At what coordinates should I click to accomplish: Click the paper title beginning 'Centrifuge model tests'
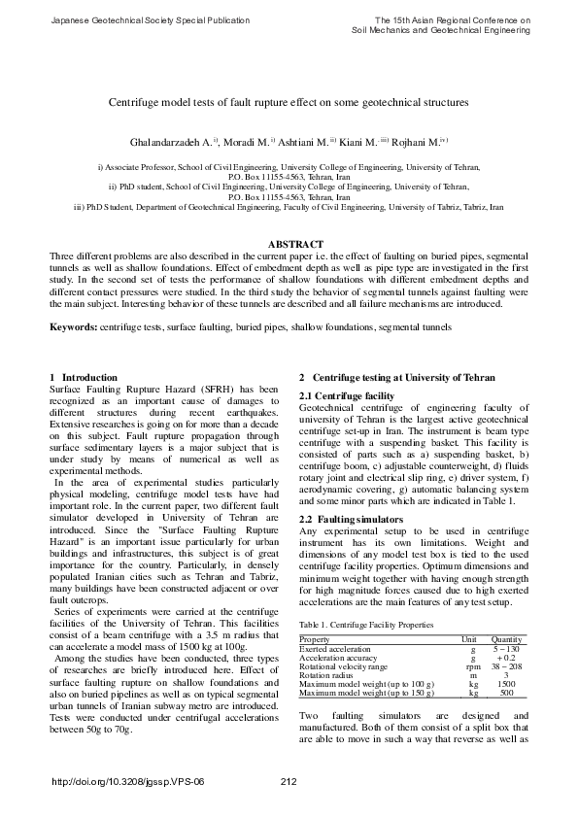pyautogui.click(x=289, y=101)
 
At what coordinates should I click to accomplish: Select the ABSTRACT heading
pyautogui.click(x=289, y=243)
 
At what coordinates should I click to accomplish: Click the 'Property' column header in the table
pyautogui.click(x=315, y=640)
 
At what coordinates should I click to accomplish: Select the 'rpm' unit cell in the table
pyautogui.click(x=473, y=666)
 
